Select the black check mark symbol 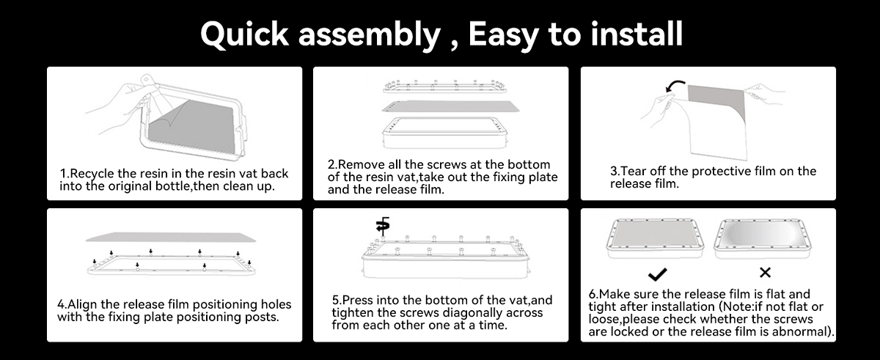coord(658,273)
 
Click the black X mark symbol coord(765,273)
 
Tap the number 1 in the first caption coord(62,174)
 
